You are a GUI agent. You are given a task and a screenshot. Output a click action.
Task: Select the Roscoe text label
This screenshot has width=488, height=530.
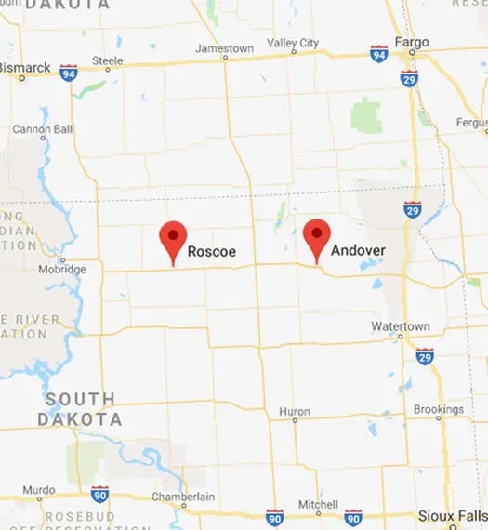click(212, 251)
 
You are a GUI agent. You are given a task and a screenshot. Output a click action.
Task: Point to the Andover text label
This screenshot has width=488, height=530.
click(358, 251)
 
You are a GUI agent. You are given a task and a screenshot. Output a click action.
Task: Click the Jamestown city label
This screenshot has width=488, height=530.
click(224, 48)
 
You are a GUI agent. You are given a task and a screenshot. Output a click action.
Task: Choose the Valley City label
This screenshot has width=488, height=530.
click(292, 43)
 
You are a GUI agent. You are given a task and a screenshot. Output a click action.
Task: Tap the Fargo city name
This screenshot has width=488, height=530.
click(412, 43)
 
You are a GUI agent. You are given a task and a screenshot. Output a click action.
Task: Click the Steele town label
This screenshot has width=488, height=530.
click(107, 61)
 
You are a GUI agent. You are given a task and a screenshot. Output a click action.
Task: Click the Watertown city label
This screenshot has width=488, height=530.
click(401, 326)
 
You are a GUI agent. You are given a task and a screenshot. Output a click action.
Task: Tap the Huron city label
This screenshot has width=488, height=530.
click(295, 411)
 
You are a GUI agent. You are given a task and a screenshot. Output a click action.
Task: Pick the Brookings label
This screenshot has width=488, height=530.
click(439, 409)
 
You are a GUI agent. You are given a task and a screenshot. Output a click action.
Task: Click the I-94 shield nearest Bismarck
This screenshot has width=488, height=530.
click(68, 72)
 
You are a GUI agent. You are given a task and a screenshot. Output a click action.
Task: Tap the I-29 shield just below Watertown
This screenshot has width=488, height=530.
click(425, 355)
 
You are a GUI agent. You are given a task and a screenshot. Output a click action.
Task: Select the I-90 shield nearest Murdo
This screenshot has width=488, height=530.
click(100, 493)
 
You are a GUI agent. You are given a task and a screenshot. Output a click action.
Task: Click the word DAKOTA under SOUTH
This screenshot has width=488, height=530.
click(79, 419)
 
